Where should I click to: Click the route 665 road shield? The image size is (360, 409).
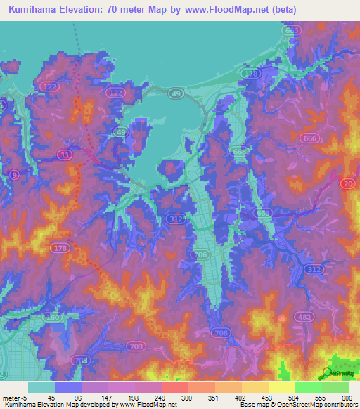tap(292, 32)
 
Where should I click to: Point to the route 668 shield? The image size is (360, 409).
tap(240, 152)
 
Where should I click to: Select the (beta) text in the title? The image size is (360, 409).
tap(284, 10)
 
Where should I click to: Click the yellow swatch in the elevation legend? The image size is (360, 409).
tap(282, 387)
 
